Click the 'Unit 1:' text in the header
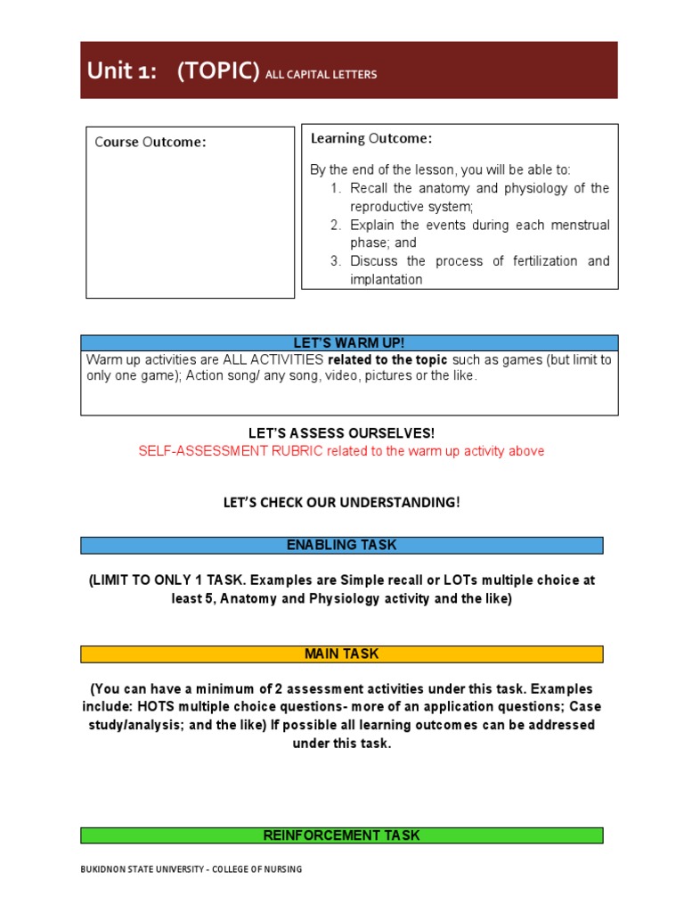pyautogui.click(x=121, y=72)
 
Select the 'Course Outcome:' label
pyautogui.click(x=151, y=142)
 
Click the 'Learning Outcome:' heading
pyautogui.click(x=371, y=138)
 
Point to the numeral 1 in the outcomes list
pyautogui.click(x=335, y=188)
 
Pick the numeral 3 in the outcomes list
pyautogui.click(x=335, y=261)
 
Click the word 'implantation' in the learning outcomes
pyautogui.click(x=386, y=279)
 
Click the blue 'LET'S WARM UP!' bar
pyautogui.click(x=349, y=343)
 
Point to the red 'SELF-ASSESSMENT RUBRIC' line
pyautogui.click(x=341, y=451)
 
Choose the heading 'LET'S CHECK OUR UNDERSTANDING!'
pyautogui.click(x=342, y=503)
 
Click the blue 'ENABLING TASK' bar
pyautogui.click(x=342, y=545)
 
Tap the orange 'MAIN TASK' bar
pyautogui.click(x=342, y=654)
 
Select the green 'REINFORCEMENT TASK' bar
pyautogui.click(x=342, y=835)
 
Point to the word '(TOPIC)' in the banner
pyautogui.click(x=217, y=72)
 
